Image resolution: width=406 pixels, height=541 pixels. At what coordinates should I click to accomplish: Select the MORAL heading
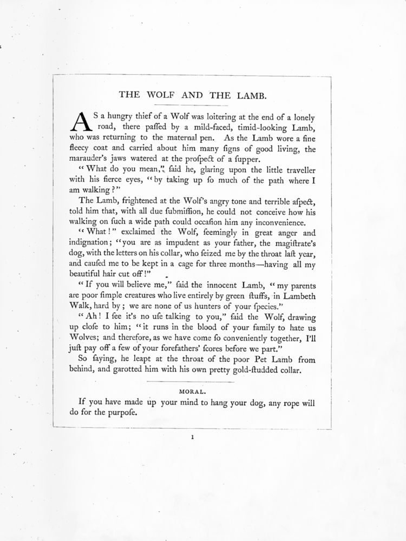coord(192,388)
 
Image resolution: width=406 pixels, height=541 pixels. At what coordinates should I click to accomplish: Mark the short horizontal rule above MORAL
coord(192,382)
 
